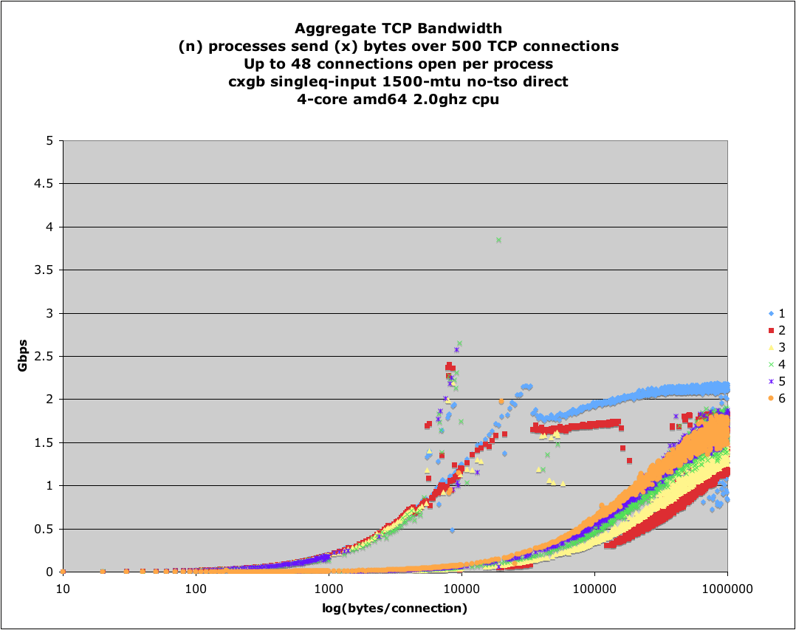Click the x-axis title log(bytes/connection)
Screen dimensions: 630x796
click(x=395, y=608)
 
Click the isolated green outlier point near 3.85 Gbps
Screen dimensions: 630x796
click(x=498, y=240)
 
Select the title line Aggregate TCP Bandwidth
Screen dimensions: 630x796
click(x=398, y=30)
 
